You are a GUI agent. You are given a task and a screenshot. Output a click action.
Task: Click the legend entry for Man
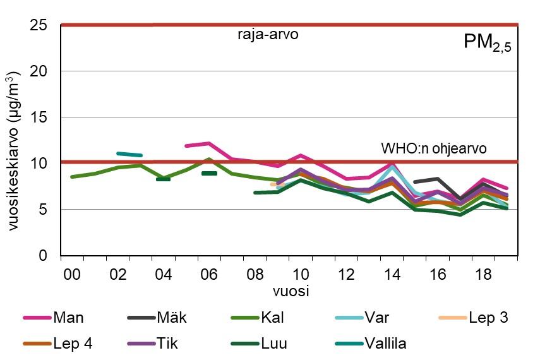pyautogui.click(x=56, y=318)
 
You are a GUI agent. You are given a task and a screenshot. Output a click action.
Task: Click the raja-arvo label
pyautogui.click(x=268, y=35)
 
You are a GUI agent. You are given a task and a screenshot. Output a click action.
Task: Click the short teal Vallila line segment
pyautogui.click(x=129, y=154)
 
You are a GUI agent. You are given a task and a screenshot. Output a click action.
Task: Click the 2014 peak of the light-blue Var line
pyautogui.click(x=393, y=167)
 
